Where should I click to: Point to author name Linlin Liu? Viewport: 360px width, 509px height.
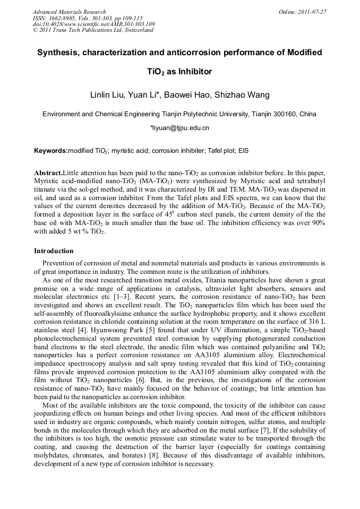108,95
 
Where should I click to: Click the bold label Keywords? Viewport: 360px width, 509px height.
50,151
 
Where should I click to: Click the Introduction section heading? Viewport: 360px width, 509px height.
54,251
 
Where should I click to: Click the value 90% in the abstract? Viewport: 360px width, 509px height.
318,222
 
